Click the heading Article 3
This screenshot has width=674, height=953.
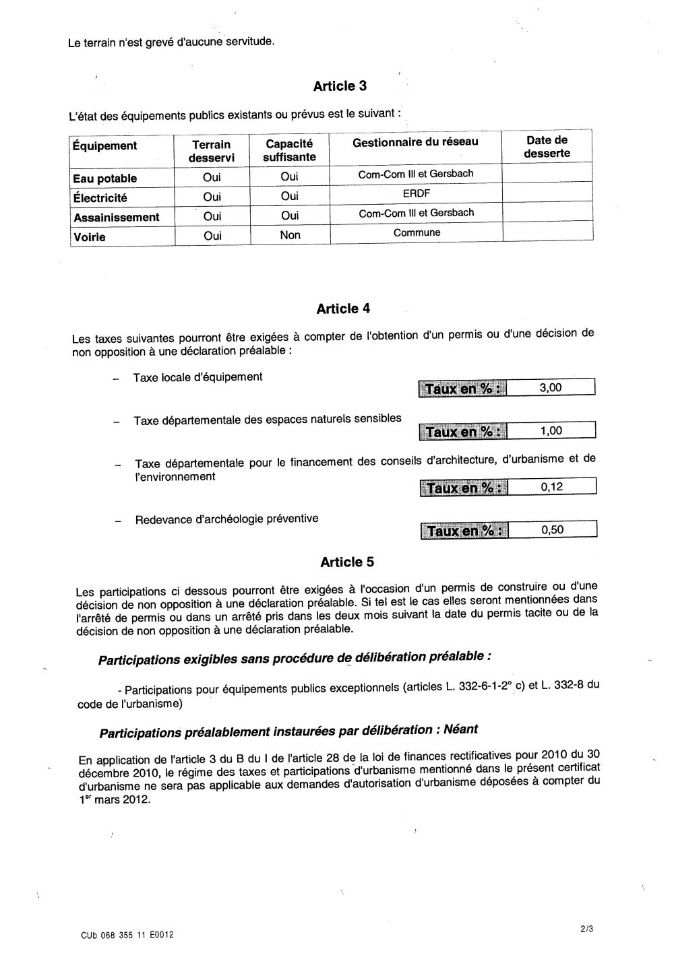pyautogui.click(x=340, y=86)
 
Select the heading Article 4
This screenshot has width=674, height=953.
pyautogui.click(x=343, y=309)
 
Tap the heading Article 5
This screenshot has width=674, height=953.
pyautogui.click(x=347, y=562)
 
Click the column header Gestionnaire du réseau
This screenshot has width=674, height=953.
pyautogui.click(x=415, y=141)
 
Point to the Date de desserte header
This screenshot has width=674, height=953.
pyautogui.click(x=547, y=147)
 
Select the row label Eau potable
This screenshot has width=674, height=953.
pyautogui.click(x=104, y=178)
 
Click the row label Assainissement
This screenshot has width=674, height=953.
pyautogui.click(x=116, y=218)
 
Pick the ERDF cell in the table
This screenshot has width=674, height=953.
pyautogui.click(x=416, y=193)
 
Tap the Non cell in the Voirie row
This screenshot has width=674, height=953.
pyautogui.click(x=290, y=235)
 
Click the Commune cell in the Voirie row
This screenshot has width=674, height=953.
pyautogui.click(x=417, y=232)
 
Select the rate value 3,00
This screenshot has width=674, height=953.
pyautogui.click(x=551, y=387)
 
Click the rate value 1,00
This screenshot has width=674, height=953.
pyautogui.click(x=551, y=431)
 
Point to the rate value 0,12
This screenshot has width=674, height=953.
pyautogui.click(x=551, y=487)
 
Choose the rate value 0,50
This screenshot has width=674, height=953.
pyautogui.click(x=552, y=529)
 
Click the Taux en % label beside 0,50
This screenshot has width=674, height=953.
pyautogui.click(x=464, y=531)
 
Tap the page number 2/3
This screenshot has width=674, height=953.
pyautogui.click(x=586, y=929)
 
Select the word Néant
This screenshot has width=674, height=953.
pyautogui.click(x=461, y=729)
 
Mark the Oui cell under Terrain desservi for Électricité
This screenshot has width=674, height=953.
pyautogui.click(x=212, y=197)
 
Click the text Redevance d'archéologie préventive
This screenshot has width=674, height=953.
pyautogui.click(x=226, y=519)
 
